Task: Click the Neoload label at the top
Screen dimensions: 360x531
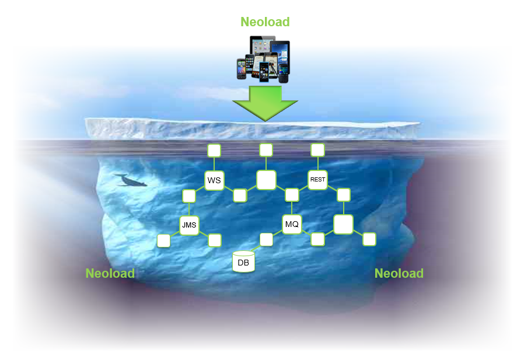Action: (x=265, y=22)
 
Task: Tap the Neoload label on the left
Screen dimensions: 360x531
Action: (x=110, y=273)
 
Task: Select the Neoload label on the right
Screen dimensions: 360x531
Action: (x=399, y=273)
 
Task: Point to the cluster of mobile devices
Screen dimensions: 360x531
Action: (x=263, y=59)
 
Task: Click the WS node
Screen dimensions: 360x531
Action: (x=214, y=180)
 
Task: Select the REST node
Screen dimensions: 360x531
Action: (x=317, y=180)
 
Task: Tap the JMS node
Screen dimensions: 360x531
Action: (x=189, y=225)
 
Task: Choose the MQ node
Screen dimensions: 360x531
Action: (x=292, y=224)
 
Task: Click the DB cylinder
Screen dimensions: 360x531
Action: (x=243, y=262)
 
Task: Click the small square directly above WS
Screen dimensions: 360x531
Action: (x=214, y=151)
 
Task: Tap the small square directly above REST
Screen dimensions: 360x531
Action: (x=317, y=150)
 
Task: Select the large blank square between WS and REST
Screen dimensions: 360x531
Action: (x=266, y=180)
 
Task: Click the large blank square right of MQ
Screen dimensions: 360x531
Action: (x=343, y=224)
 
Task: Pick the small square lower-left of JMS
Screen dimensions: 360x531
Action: (x=164, y=240)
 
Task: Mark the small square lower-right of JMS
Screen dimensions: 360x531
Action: (x=215, y=240)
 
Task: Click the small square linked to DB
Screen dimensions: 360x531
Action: (x=266, y=239)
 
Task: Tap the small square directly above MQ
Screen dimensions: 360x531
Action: (x=292, y=195)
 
